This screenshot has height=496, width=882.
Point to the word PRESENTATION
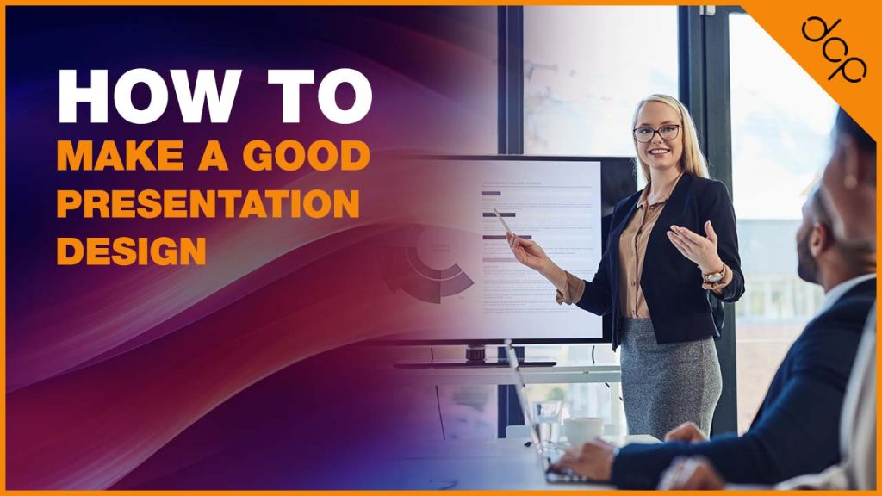pos(207,204)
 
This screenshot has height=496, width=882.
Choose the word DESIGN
pos(131,251)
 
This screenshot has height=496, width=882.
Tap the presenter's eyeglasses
pos(657,133)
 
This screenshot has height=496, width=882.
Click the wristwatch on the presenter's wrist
pos(714,276)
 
